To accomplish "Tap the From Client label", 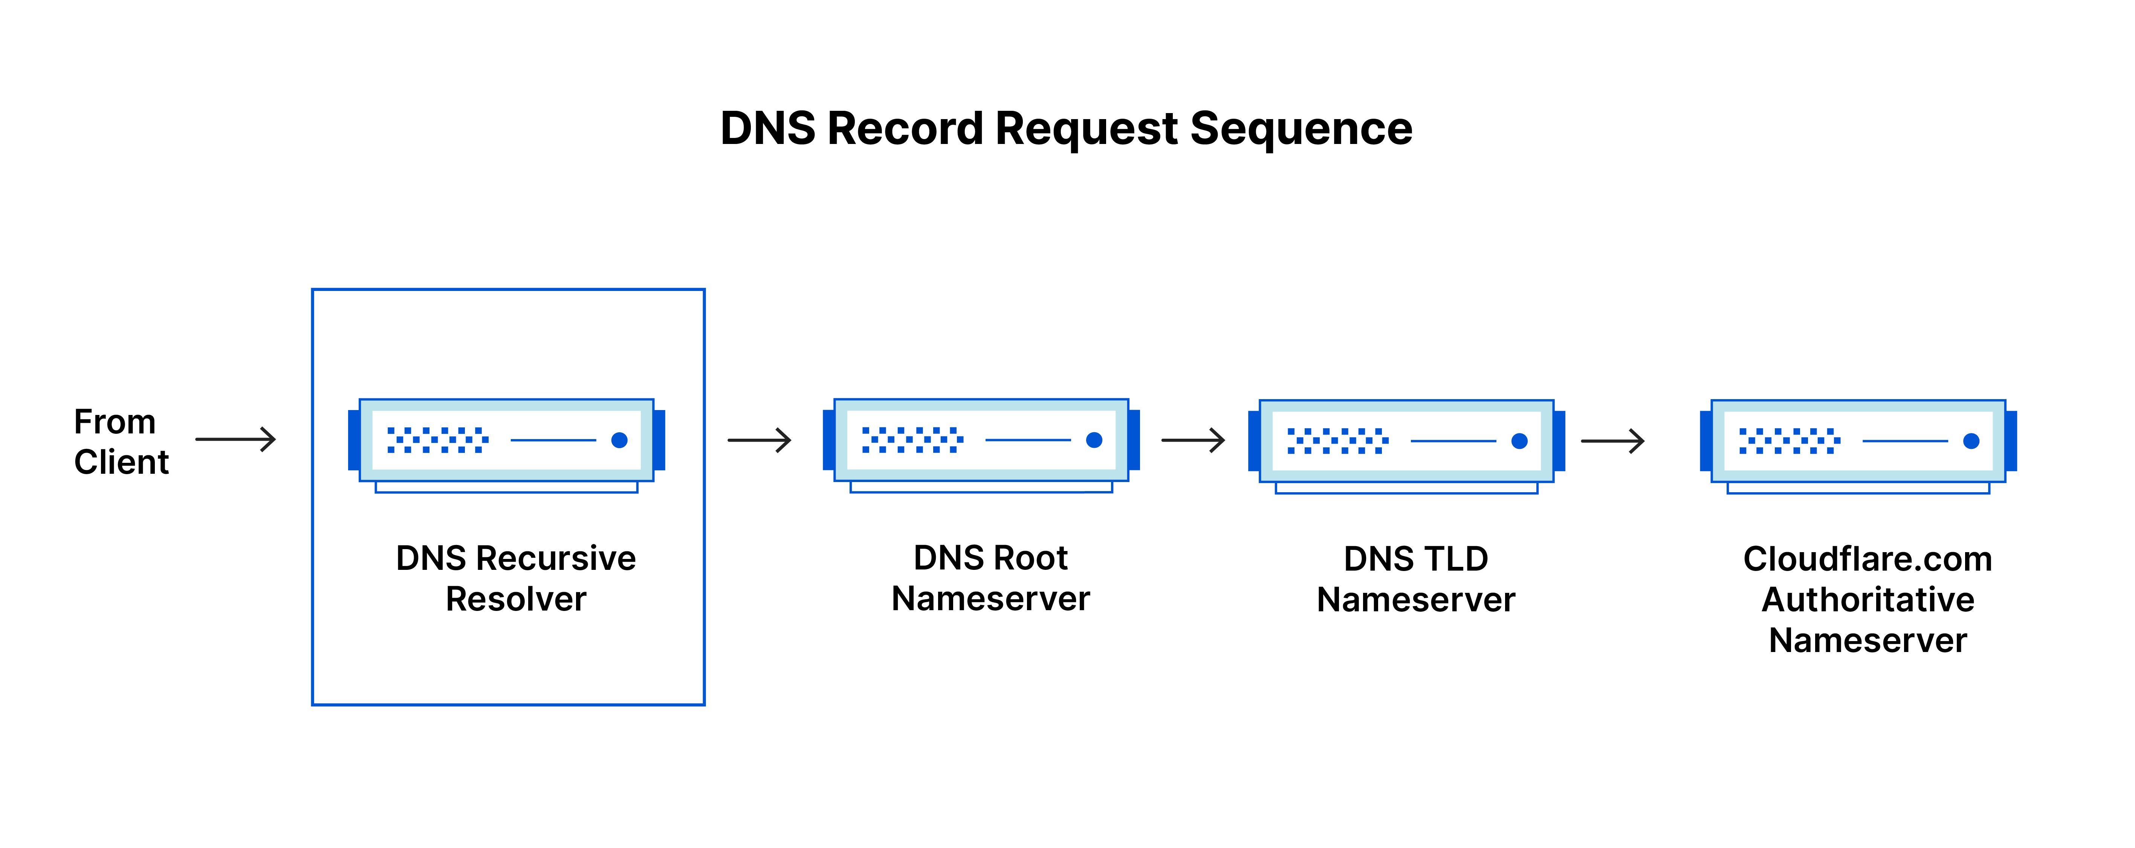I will [120, 442].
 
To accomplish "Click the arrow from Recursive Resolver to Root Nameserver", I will [759, 440].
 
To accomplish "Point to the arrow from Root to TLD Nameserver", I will [1193, 440].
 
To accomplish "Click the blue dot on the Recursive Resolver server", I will [619, 440].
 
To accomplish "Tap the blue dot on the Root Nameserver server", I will [1094, 440].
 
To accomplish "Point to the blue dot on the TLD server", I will [1519, 441].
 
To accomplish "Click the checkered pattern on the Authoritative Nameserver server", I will [1788, 441].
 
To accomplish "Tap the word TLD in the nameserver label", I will [1456, 560].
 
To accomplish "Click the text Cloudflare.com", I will [1867, 560].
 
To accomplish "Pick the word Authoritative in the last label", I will [1867, 600].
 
